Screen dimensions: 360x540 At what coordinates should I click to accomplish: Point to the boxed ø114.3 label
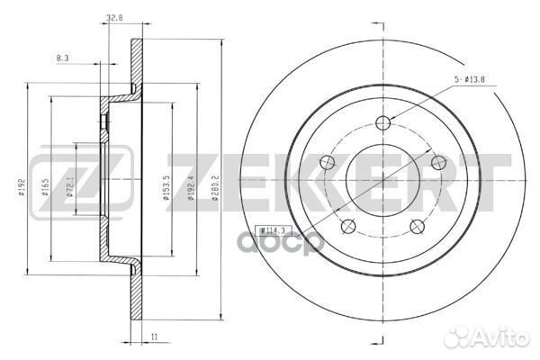[267, 230]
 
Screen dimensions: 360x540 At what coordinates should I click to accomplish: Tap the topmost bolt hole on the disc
[384, 123]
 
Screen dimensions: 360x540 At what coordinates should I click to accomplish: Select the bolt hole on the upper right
[438, 162]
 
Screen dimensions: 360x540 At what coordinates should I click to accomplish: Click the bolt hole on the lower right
[418, 226]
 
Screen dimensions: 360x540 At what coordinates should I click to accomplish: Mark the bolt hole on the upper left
[330, 162]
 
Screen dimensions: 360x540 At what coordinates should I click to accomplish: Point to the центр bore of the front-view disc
[384, 180]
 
